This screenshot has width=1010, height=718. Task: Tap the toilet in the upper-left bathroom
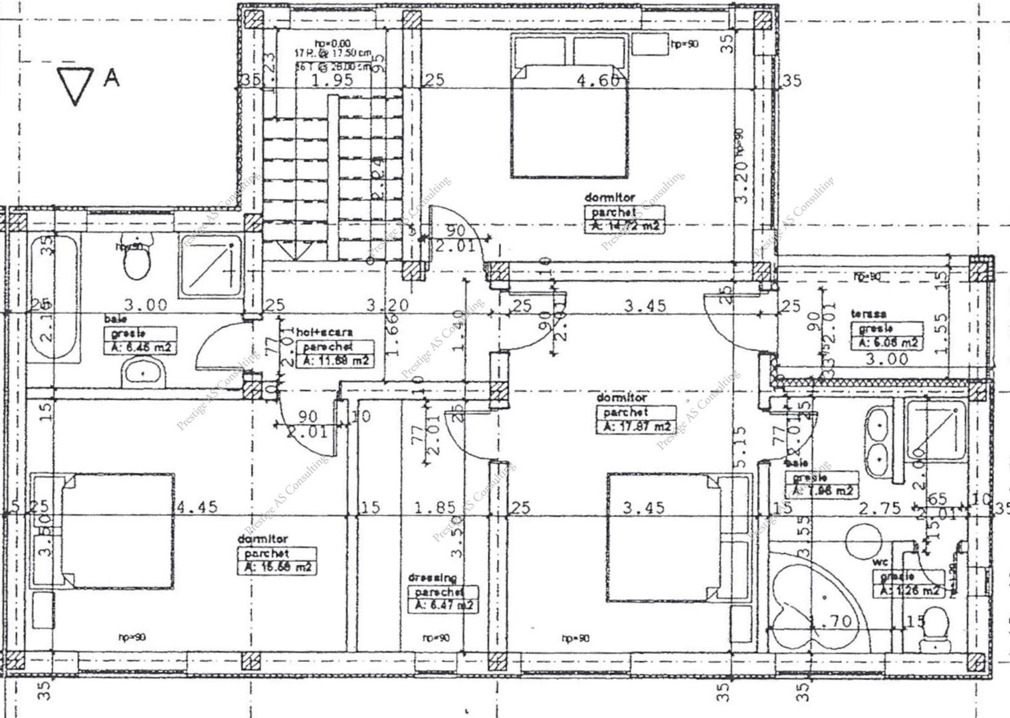click(137, 264)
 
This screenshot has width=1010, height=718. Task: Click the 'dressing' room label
click(433, 579)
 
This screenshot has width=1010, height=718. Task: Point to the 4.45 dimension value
click(196, 507)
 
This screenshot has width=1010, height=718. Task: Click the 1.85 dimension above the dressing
click(435, 508)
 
